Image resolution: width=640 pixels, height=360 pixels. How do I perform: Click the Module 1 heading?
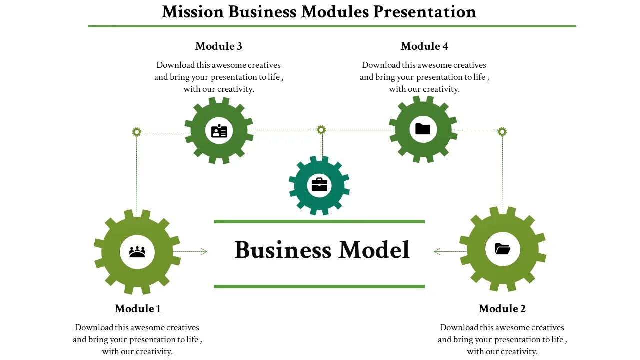tap(137, 309)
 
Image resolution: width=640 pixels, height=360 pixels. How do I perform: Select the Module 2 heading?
tap(502, 309)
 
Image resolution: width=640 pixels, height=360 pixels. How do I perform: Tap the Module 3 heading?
tap(218, 46)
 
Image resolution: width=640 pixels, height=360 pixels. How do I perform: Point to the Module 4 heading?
tap(424, 46)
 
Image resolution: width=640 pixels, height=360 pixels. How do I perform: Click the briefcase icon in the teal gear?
tap(319, 185)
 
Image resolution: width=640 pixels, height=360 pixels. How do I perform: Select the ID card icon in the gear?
tap(219, 131)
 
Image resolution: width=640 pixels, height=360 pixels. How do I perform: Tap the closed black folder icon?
tap(423, 129)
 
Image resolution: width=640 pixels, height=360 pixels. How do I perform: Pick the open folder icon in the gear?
tap(502, 249)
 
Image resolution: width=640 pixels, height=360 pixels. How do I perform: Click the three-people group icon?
tap(137, 252)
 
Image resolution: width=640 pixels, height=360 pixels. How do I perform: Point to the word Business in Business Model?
tap(283, 250)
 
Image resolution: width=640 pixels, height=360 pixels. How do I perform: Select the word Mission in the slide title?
tap(193, 11)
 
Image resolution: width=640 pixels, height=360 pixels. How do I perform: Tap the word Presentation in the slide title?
tap(425, 11)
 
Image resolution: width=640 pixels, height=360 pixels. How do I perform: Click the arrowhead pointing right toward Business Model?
tap(203, 252)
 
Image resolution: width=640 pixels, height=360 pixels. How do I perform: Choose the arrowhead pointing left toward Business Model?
tap(437, 252)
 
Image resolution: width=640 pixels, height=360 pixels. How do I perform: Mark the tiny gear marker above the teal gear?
tap(321, 130)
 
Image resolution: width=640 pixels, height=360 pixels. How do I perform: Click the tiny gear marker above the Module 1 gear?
tap(137, 132)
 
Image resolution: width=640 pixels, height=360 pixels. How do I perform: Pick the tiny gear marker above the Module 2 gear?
tap(502, 132)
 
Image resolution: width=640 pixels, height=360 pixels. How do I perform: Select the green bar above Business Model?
tap(319, 221)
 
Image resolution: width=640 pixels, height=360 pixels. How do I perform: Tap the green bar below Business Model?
tap(319, 286)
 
